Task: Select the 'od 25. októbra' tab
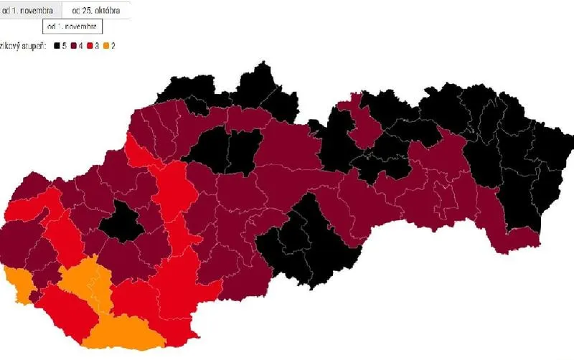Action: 95,10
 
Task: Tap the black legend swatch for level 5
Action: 57,46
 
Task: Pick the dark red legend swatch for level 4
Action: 73,46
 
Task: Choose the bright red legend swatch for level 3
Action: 90,46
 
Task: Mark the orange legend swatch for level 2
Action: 106,46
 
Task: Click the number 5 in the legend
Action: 65,46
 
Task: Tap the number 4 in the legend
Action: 80,46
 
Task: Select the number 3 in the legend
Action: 97,46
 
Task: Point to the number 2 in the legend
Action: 113,46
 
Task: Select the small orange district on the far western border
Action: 18,283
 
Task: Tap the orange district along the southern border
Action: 122,333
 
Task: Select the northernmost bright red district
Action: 138,151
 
